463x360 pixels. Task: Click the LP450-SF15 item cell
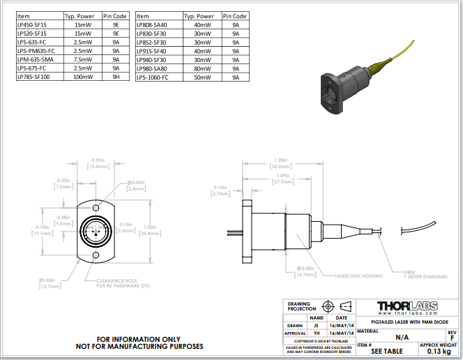[x=31, y=24]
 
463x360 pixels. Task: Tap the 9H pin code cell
[x=116, y=77]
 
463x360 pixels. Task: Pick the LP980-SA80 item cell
[x=152, y=68]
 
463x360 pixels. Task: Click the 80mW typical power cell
[x=202, y=68]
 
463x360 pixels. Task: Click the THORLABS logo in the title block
[x=408, y=307]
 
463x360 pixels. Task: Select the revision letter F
[x=452, y=338]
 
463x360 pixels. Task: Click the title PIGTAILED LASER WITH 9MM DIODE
[x=408, y=322]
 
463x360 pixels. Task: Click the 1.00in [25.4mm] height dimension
[x=149, y=230]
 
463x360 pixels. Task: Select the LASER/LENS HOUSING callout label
[x=359, y=276]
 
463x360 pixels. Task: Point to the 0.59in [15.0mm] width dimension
[x=98, y=163]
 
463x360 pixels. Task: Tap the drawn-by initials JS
[x=316, y=325]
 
